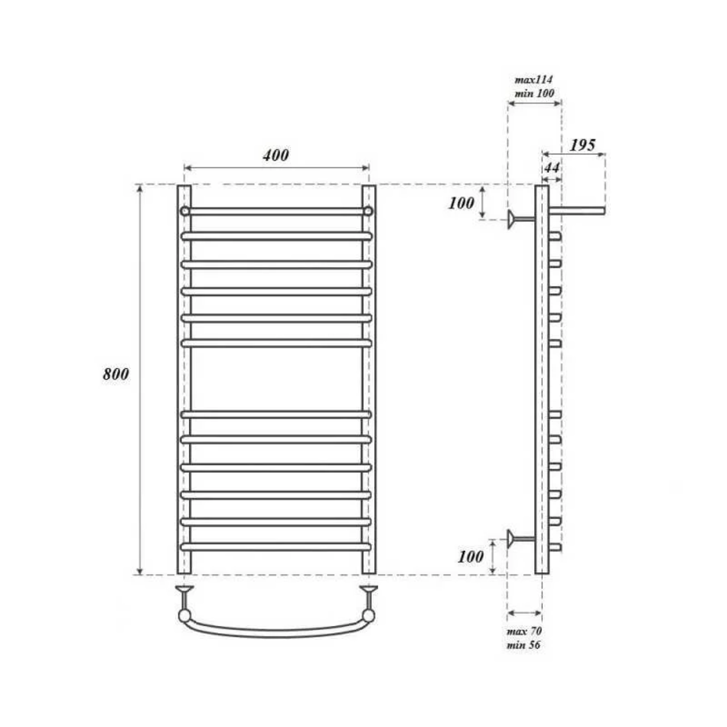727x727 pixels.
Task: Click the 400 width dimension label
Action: pos(275,155)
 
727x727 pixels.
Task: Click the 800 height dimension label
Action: pos(116,374)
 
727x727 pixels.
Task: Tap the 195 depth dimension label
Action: pos(582,145)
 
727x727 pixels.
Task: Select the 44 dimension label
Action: pos(552,168)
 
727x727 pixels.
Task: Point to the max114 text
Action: pos(533,80)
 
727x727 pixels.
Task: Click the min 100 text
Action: pos(534,93)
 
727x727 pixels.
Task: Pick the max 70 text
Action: pos(524,631)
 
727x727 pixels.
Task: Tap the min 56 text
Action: pos(523,644)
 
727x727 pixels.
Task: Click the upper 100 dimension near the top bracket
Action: pos(461,203)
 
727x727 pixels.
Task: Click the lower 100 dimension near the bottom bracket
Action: pos(471,556)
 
